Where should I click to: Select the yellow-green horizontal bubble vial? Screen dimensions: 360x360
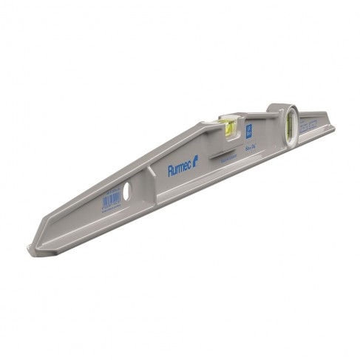(x=228, y=129)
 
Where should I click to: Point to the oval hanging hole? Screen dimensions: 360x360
(x=125, y=191)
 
